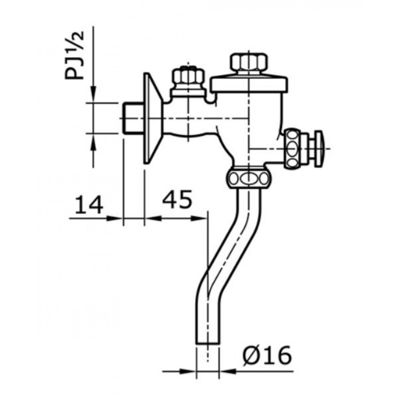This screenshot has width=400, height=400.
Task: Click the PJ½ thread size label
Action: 74,55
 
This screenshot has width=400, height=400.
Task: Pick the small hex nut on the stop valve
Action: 188,76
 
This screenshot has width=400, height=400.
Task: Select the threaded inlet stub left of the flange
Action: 133,118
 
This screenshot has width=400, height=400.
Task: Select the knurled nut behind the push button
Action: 294,149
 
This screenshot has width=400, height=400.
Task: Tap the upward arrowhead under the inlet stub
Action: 94,143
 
